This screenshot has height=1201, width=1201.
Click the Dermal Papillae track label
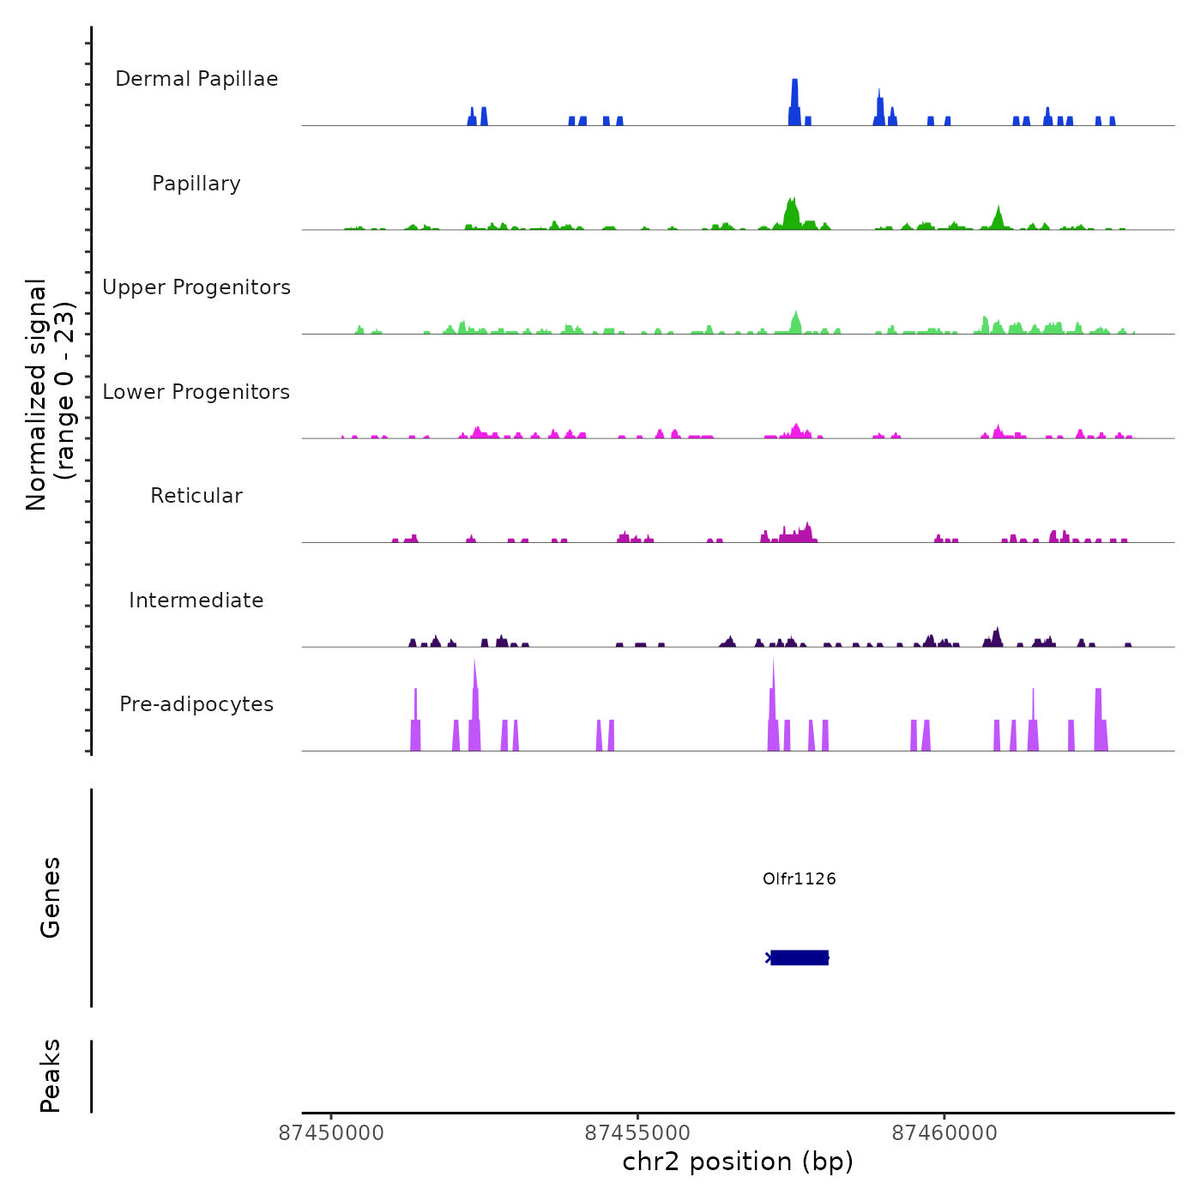pyautogui.click(x=196, y=79)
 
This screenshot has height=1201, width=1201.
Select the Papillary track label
pyautogui.click(x=196, y=184)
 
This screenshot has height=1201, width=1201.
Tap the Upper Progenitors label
pyautogui.click(x=196, y=287)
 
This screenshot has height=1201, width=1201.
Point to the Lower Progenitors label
pyautogui.click(x=196, y=392)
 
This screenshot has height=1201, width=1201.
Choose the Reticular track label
pyautogui.click(x=196, y=496)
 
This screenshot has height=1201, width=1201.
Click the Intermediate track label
pyautogui.click(x=196, y=600)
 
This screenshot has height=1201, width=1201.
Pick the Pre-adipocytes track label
pyautogui.click(x=196, y=704)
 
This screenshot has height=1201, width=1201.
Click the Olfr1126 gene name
pyautogui.click(x=799, y=878)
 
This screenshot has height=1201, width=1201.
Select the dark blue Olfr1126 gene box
pyautogui.click(x=800, y=957)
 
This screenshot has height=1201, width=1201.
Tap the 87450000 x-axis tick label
pyautogui.click(x=332, y=1133)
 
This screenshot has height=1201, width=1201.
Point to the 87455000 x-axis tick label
pyautogui.click(x=638, y=1133)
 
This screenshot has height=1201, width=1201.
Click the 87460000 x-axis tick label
pyautogui.click(x=945, y=1133)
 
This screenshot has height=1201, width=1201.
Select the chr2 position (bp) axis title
pyautogui.click(x=738, y=1162)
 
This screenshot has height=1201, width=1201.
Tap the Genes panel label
pyautogui.click(x=51, y=897)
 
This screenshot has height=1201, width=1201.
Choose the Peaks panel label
pyautogui.click(x=51, y=1076)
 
